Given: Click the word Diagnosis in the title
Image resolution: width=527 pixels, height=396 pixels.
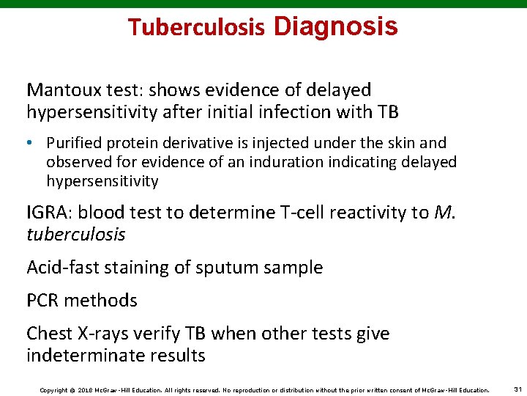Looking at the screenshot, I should coord(335,27).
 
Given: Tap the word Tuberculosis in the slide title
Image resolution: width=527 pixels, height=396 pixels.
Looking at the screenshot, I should coord(196,28).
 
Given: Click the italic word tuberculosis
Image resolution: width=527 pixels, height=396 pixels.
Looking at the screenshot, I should coord(76,235).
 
